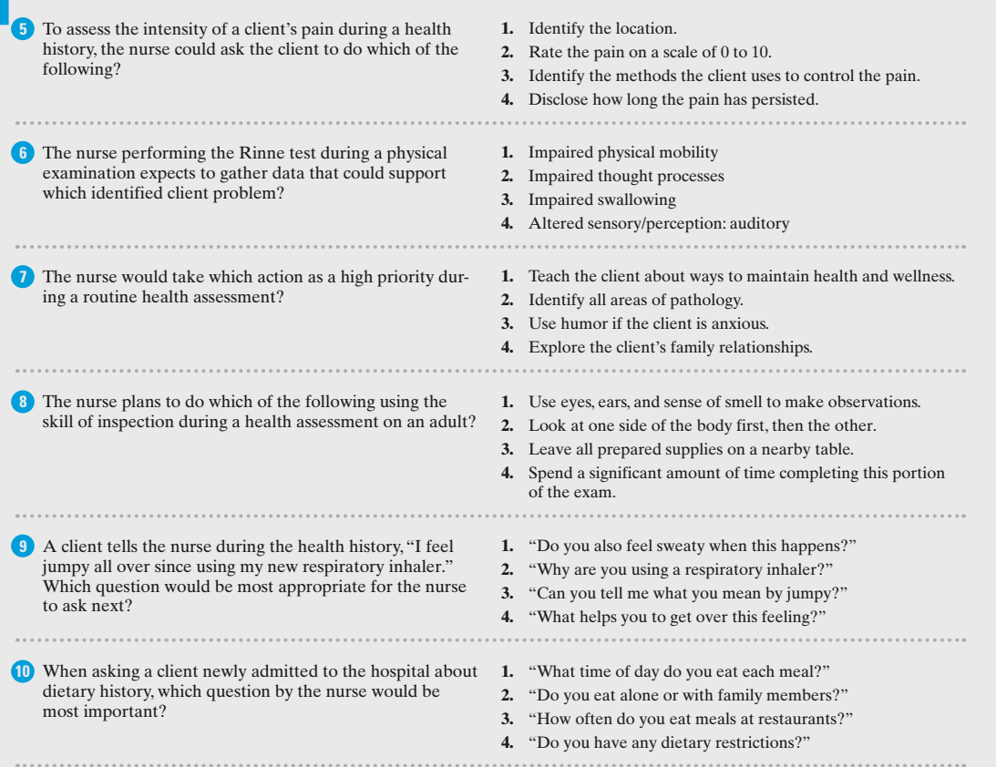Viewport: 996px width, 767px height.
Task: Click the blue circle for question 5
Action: point(26,29)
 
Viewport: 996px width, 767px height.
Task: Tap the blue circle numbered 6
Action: point(26,153)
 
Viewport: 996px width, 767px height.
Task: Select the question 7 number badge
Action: point(26,277)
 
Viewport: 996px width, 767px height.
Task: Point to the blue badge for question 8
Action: point(26,402)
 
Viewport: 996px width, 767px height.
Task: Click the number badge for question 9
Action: point(26,547)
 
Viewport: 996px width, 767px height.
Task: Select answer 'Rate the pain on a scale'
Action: point(650,53)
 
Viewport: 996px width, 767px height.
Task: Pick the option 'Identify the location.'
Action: point(602,29)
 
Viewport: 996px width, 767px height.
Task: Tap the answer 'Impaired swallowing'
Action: point(601,199)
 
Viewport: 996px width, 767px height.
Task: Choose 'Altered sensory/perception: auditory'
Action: point(659,223)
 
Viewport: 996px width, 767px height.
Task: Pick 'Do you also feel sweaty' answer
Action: point(693,547)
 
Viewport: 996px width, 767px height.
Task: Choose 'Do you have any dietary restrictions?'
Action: point(669,742)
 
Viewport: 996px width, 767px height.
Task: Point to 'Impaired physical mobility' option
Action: point(622,153)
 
